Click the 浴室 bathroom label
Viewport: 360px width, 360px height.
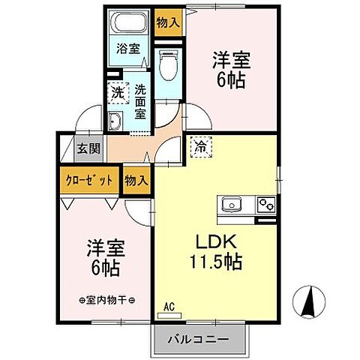pos(127,49)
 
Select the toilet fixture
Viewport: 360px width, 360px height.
pos(168,66)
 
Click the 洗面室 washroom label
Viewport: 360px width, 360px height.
pos(141,101)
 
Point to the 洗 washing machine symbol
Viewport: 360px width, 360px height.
pos(118,93)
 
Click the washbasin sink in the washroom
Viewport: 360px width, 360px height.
pos(116,122)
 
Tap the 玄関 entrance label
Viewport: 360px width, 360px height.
pos(89,148)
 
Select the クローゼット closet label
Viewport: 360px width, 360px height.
pos(88,181)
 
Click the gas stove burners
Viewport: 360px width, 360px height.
pos(265,203)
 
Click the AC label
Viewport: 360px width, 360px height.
pos(169,306)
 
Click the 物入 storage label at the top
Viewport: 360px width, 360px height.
pos(168,22)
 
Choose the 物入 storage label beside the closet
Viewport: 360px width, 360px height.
pos(135,181)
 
